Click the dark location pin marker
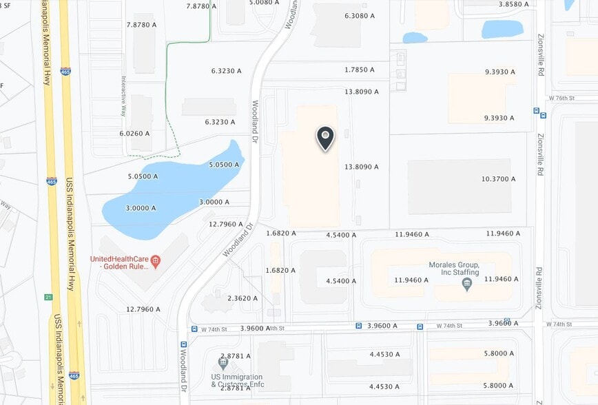click(325, 137)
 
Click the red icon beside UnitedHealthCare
click(156, 260)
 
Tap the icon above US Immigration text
click(223, 362)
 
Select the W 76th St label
click(561, 98)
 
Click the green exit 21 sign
click(48, 298)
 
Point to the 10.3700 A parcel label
click(498, 179)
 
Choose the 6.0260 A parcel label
click(134, 133)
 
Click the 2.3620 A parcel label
click(243, 298)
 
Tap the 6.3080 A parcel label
click(360, 15)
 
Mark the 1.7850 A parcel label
click(360, 70)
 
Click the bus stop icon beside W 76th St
click(535, 110)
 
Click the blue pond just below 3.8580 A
click(502, 29)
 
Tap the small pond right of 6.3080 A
click(415, 38)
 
